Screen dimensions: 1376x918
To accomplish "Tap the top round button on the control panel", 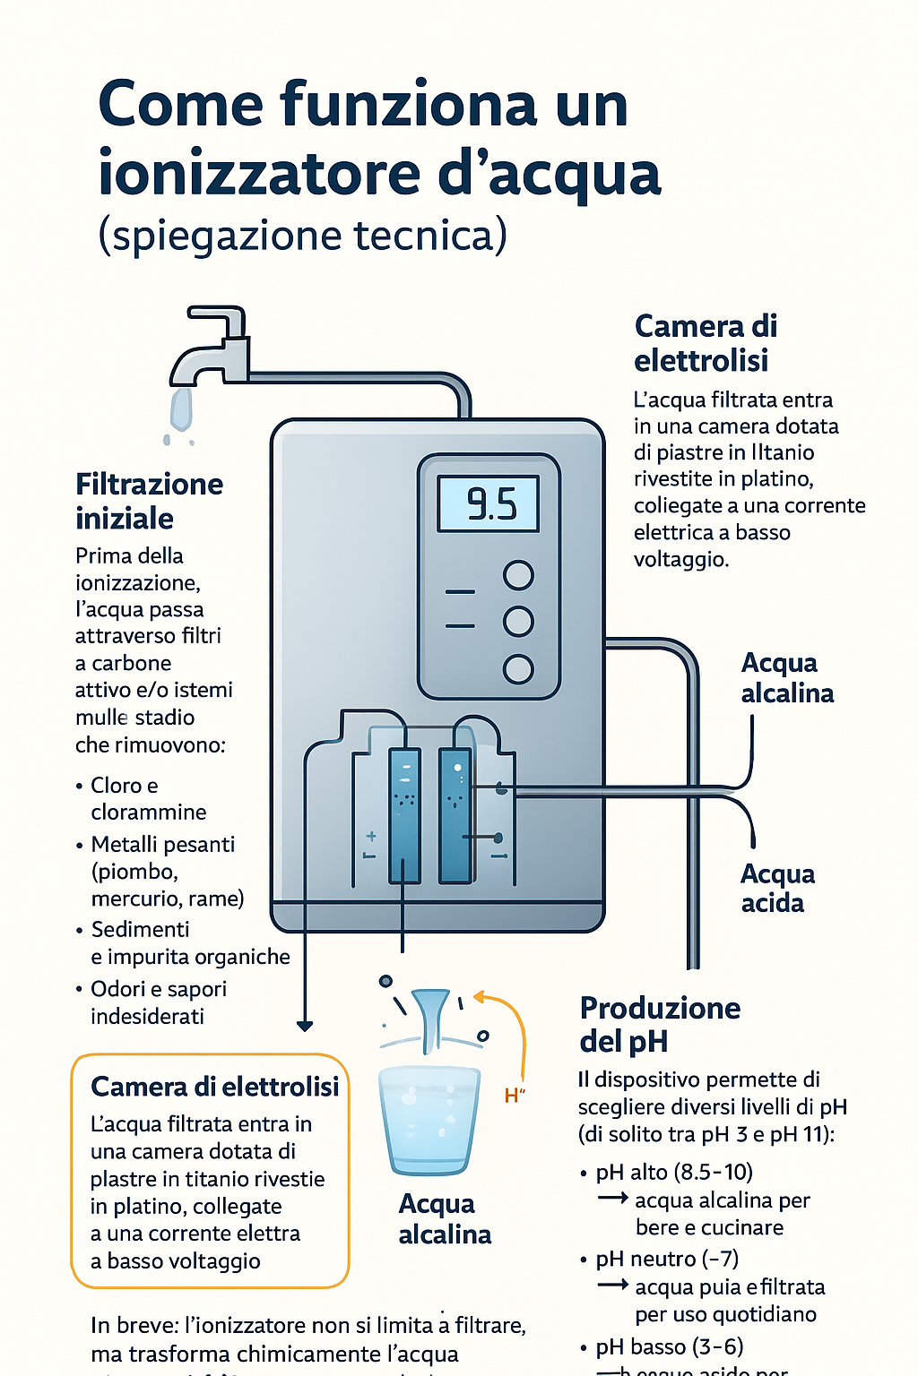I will [518, 575].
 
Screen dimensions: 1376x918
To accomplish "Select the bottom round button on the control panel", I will [518, 668].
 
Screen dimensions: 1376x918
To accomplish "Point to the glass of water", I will [429, 1120].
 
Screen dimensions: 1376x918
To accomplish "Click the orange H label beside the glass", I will [514, 1096].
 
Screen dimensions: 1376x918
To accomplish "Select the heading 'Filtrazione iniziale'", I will [149, 501].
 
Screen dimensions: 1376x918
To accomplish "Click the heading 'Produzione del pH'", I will [660, 1024].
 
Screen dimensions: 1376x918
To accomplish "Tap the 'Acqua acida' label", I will [777, 888].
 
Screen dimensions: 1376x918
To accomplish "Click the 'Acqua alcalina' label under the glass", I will [445, 1219].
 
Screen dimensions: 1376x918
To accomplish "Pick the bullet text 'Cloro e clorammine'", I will [148, 798].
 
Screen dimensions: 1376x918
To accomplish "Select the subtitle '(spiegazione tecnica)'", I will [302, 236].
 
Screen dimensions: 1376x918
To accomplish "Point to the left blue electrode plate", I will [404, 815].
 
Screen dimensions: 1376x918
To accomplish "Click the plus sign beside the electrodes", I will [370, 836].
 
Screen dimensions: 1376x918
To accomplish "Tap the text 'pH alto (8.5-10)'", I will [673, 1172].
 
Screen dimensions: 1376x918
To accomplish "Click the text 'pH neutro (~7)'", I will [666, 1259].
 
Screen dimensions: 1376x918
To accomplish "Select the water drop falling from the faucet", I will [181, 410].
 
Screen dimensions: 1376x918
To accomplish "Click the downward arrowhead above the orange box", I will [305, 1026].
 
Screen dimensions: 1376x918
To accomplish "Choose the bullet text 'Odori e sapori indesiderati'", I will [158, 1002].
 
